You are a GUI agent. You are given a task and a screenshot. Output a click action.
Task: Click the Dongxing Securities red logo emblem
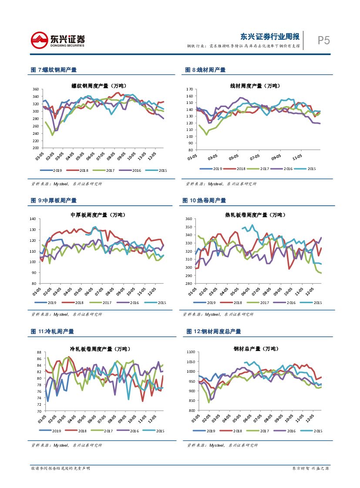point(40,40)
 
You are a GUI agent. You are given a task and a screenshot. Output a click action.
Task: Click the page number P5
point(323,40)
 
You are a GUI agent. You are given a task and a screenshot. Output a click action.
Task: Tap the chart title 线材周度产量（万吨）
point(255,86)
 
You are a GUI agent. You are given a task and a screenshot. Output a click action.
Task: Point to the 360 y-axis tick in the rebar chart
point(36,89)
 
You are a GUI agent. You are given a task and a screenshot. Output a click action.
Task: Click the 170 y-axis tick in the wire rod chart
point(190,89)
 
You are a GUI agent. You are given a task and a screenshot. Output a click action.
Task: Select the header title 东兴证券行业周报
point(270,36)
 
